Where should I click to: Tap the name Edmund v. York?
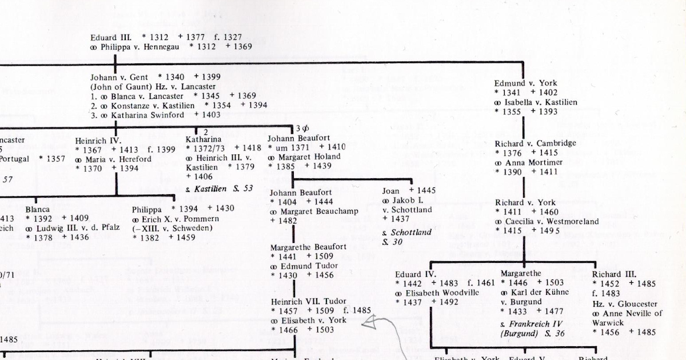tap(525, 83)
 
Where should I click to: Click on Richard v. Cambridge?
tap(535, 143)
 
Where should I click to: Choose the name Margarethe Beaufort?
tap(308, 247)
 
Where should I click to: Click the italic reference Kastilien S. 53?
tap(223, 188)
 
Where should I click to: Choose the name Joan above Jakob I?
tap(392, 191)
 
